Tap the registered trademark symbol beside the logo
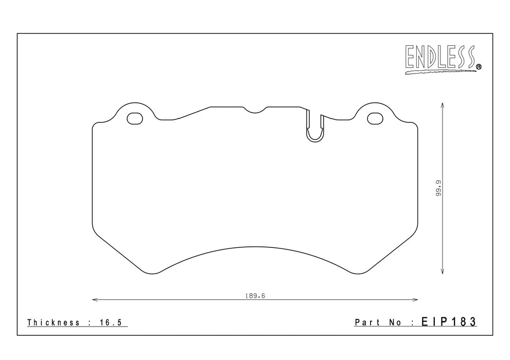click(479, 67)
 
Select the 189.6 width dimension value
click(255, 296)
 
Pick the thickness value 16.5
click(110, 322)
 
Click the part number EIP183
click(449, 322)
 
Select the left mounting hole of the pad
click(135, 119)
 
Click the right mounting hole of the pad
click(375, 119)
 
